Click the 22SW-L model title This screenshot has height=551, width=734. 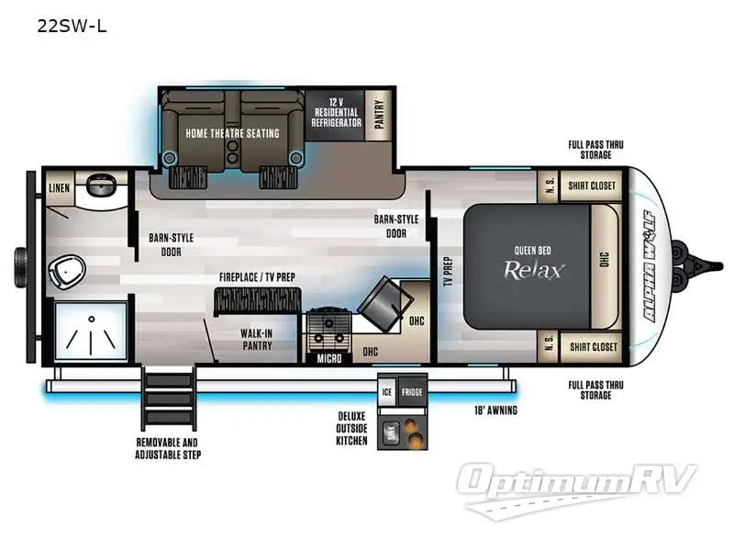pyautogui.click(x=72, y=26)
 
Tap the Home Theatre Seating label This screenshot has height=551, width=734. pyautogui.click(x=232, y=133)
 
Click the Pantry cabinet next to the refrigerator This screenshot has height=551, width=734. pyautogui.click(x=378, y=115)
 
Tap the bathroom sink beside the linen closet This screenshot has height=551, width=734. pyautogui.click(x=101, y=185)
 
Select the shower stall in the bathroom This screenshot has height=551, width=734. pyautogui.click(x=90, y=330)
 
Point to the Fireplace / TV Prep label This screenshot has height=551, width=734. pyautogui.click(x=257, y=276)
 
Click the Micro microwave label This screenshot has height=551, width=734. pyautogui.click(x=328, y=358)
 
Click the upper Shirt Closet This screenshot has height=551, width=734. pyautogui.click(x=592, y=186)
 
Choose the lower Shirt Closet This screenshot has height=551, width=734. pyautogui.click(x=592, y=346)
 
